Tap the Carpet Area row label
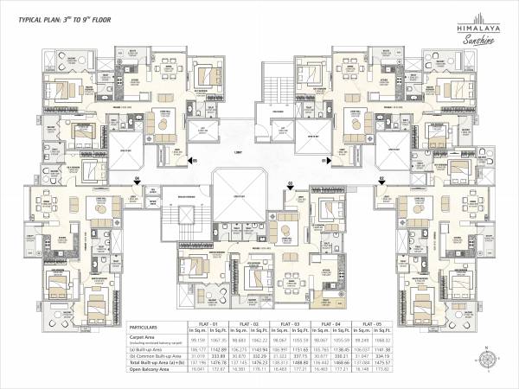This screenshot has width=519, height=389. point(144,338)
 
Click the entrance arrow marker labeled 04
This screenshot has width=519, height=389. point(137,179)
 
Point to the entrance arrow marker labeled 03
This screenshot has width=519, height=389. point(291,183)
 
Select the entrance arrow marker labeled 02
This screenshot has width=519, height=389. point(381,179)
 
